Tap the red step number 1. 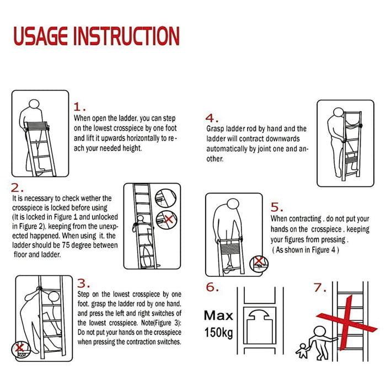80,107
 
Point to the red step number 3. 83,283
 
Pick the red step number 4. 212,117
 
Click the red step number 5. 277,207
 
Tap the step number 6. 212,287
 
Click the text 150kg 219,333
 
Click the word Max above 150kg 218,316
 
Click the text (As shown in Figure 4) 305,250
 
